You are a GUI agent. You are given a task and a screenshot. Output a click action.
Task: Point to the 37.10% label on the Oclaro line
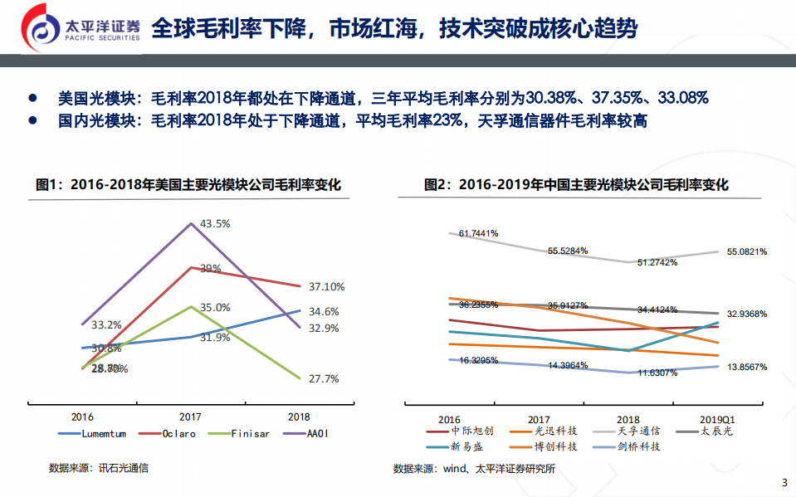coord(326,286)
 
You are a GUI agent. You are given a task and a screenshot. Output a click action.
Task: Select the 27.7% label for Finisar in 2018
coord(323,378)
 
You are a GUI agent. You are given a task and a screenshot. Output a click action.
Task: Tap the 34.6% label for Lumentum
coord(323,311)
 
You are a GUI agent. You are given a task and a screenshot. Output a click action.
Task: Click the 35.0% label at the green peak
coord(215,307)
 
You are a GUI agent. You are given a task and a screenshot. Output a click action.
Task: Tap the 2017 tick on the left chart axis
coord(192,417)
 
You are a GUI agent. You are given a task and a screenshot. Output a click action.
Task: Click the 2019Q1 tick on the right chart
coord(717,420)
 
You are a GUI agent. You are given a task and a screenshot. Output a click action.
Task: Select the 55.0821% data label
coord(747,251)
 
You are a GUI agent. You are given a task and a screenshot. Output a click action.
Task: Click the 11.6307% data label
coord(657,373)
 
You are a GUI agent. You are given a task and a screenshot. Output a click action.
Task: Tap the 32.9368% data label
coord(747,314)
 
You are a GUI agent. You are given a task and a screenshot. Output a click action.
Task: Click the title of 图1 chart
coord(188,185)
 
